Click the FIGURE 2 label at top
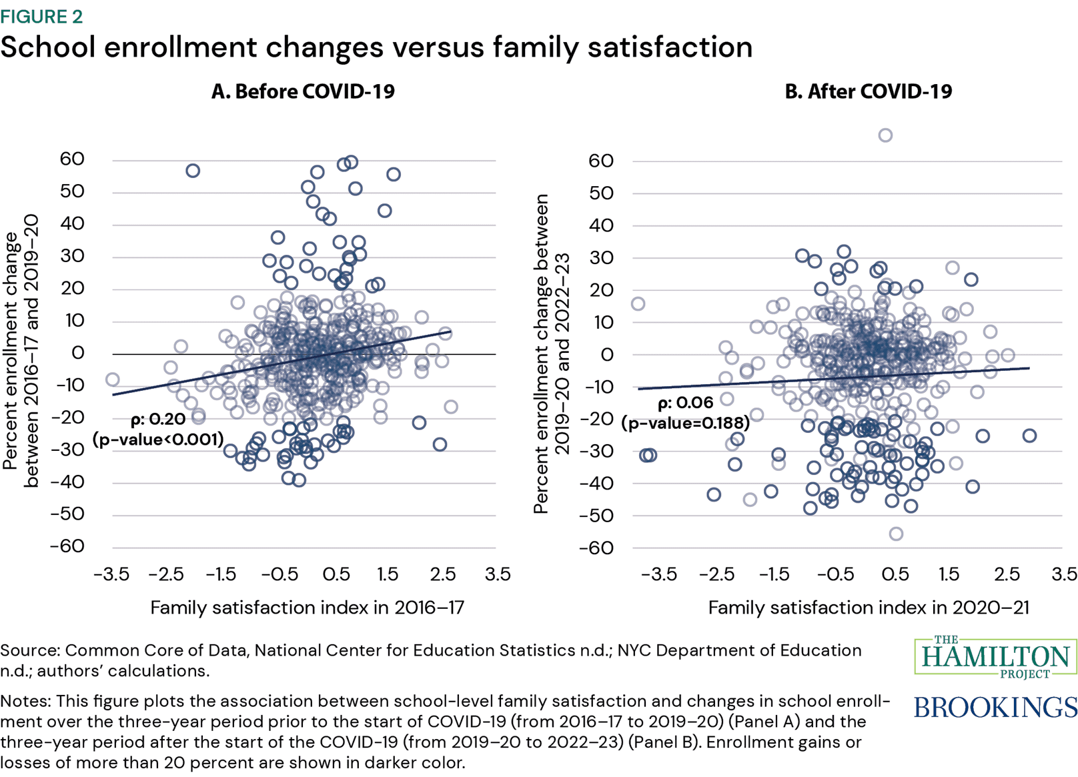pyautogui.click(x=41, y=16)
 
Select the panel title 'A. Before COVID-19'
pyautogui.click(x=303, y=91)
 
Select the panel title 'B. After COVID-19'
pyautogui.click(x=868, y=91)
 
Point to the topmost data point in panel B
pyautogui.click(x=885, y=135)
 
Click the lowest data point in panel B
pyautogui.click(x=896, y=534)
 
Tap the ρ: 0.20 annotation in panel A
pyautogui.click(x=158, y=420)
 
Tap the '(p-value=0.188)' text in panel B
pyautogui.click(x=686, y=424)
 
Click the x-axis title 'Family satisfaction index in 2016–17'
pyautogui.click(x=307, y=608)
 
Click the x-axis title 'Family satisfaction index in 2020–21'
pyautogui.click(x=868, y=608)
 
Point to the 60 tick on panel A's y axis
pyautogui.click(x=72, y=159)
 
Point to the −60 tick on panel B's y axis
pyautogui.click(x=596, y=548)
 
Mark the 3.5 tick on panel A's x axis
pyautogui.click(x=497, y=574)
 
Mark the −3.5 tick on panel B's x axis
pyautogui.click(x=659, y=574)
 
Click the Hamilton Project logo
pyautogui.click(x=995, y=657)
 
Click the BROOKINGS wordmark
pyautogui.click(x=995, y=707)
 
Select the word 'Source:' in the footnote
pyautogui.click(x=30, y=650)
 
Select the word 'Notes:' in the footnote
pyautogui.click(x=27, y=701)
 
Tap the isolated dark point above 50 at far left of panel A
pyautogui.click(x=193, y=171)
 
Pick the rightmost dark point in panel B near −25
pyautogui.click(x=1029, y=436)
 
